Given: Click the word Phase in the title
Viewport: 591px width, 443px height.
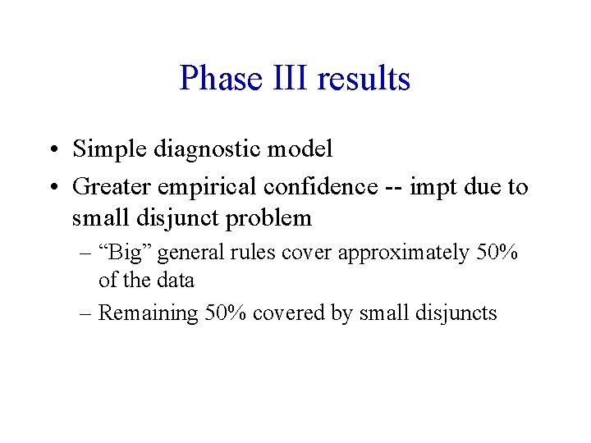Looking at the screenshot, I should click(x=216, y=79).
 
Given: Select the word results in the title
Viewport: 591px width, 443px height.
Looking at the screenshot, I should click(x=363, y=79).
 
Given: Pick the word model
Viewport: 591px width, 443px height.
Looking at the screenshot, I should click(x=303, y=149).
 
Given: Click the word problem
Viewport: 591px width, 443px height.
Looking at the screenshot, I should click(x=272, y=218).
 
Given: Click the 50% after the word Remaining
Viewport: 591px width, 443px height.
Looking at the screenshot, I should click(x=226, y=313).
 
